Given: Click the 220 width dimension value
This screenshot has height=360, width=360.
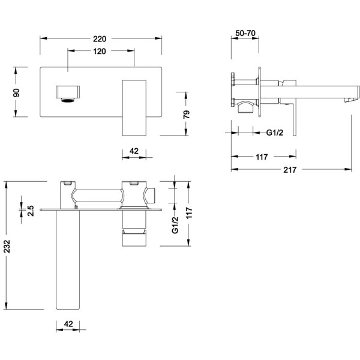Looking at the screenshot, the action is pyautogui.click(x=100, y=39).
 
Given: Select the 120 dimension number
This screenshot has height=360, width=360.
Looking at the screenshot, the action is pyautogui.click(x=100, y=52).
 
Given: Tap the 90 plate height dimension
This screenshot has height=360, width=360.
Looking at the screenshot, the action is pyautogui.click(x=17, y=93).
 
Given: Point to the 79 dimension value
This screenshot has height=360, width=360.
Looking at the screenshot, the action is pyautogui.click(x=187, y=115).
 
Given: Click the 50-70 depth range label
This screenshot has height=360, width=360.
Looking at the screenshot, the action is pyautogui.click(x=245, y=33).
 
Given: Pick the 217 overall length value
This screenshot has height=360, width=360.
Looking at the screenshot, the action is pyautogui.click(x=290, y=170).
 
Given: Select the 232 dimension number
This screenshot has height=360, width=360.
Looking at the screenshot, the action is pyautogui.click(x=7, y=247).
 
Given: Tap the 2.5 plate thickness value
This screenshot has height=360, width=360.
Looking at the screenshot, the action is pyautogui.click(x=31, y=211).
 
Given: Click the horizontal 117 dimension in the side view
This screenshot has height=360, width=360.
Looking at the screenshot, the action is pyautogui.click(x=262, y=157).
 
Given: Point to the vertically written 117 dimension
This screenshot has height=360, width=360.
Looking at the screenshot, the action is pyautogui.click(x=189, y=213).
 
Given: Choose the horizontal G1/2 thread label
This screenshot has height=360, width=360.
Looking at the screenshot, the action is pyautogui.click(x=275, y=133).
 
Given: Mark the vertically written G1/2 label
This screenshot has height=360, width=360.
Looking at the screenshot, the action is pyautogui.click(x=175, y=225).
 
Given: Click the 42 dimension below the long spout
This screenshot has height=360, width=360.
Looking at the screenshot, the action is pyautogui.click(x=68, y=324).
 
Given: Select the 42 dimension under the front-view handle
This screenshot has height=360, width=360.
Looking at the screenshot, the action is pyautogui.click(x=134, y=151).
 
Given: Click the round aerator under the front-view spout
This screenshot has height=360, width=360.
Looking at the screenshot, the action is pyautogui.click(x=68, y=100).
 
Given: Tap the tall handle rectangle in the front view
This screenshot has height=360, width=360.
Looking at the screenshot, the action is pyautogui.click(x=134, y=108).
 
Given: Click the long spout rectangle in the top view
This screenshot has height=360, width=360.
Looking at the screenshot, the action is pyautogui.click(x=68, y=260).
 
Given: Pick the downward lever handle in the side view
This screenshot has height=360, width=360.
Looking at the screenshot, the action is pyautogui.click(x=294, y=119).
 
